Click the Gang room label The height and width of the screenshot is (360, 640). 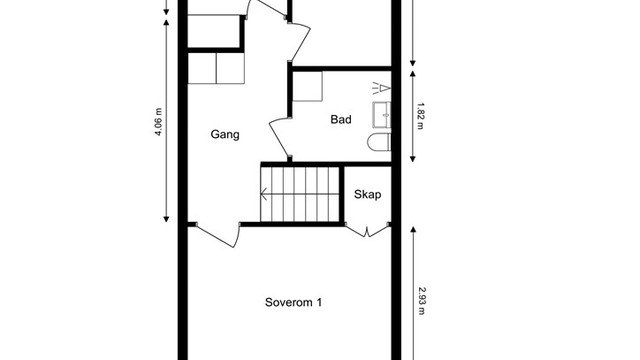pos(225,135)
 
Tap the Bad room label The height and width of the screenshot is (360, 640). pos(341,120)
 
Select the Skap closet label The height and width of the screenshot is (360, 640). pos(368,195)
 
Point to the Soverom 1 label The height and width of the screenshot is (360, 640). pos(293,302)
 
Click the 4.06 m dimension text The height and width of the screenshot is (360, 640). pos(159,122)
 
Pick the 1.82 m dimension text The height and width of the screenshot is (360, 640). pos(421,116)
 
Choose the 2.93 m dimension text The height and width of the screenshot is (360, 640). pos(422,301)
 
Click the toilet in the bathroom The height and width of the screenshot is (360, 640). pos(379,142)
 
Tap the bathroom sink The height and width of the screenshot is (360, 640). pos(382,115)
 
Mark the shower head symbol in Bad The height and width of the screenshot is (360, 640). pos(382,88)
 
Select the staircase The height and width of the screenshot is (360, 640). pos(300,194)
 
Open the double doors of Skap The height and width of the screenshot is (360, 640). pos(367,231)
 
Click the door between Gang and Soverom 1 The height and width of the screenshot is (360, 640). pos(216,236)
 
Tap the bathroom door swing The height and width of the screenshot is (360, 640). pos(280,139)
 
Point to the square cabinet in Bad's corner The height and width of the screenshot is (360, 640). pos(308,87)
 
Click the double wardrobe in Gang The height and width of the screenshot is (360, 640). pos(216,68)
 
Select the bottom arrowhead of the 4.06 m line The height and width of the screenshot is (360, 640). pos(166,219)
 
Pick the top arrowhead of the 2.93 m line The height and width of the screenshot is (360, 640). pos(413,230)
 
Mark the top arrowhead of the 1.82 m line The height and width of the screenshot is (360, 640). pos(413,74)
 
